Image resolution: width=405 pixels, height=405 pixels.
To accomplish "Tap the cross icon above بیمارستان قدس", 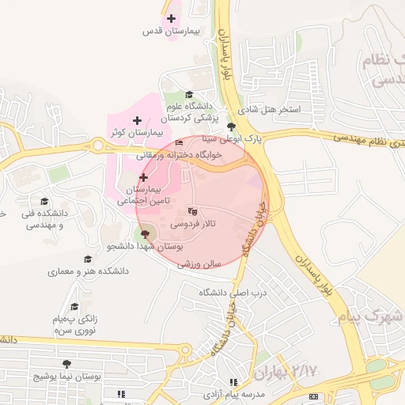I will tap(171, 18).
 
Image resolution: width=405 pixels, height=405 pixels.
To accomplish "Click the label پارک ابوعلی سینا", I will tap(231, 138).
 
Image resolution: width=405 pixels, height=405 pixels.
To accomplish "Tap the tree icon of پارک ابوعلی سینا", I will tap(231, 126).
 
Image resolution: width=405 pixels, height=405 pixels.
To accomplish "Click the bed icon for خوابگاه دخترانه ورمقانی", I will tap(179, 143).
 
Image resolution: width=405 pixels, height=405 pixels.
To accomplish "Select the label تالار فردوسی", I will tap(192, 225).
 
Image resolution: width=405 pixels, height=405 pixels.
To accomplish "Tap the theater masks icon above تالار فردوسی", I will tap(191, 211).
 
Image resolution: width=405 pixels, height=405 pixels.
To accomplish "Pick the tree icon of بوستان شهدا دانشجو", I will tap(144, 234).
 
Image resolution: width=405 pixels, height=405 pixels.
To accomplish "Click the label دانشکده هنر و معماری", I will tap(88, 271).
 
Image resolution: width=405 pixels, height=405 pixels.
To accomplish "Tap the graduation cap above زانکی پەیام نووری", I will tap(74, 306).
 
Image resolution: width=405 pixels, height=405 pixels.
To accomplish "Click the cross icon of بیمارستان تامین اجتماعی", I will tap(143, 178).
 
